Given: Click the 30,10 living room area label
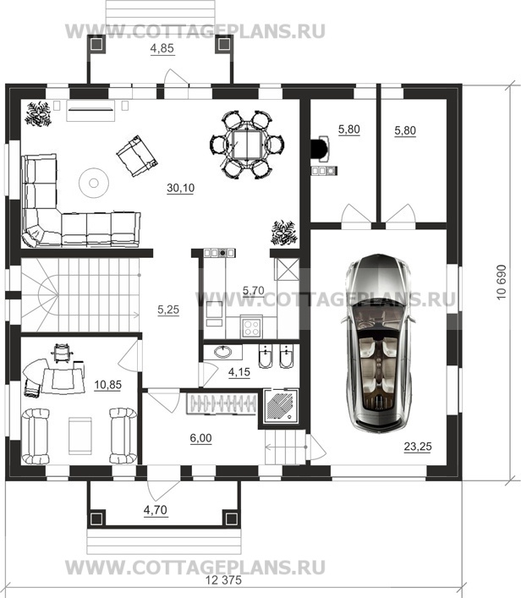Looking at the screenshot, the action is pyautogui.click(x=180, y=188).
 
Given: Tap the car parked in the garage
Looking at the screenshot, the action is pyautogui.click(x=380, y=343).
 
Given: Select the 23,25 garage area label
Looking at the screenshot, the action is pyautogui.click(x=418, y=447).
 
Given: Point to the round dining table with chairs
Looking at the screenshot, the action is pyautogui.click(x=247, y=145).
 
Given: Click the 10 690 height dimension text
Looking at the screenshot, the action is pyautogui.click(x=502, y=283).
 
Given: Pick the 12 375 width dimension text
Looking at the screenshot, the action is pyautogui.click(x=223, y=580).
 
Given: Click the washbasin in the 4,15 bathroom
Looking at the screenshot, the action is pyautogui.click(x=222, y=352).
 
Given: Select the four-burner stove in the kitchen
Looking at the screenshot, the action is pyautogui.click(x=251, y=327).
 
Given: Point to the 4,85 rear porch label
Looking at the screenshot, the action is pyautogui.click(x=162, y=48).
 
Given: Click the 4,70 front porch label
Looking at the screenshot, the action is pyautogui.click(x=156, y=510).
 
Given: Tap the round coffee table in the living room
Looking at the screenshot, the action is pyautogui.click(x=94, y=183).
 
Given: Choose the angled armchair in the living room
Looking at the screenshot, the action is pyautogui.click(x=136, y=156).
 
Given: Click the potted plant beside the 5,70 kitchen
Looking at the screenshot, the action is pyautogui.click(x=283, y=233).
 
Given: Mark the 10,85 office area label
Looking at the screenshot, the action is pyautogui.click(x=108, y=385).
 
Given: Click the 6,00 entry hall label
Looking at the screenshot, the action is pyautogui.click(x=200, y=438).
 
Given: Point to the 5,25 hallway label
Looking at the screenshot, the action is pyautogui.click(x=168, y=310).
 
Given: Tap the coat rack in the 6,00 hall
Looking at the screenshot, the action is pyautogui.click(x=222, y=403).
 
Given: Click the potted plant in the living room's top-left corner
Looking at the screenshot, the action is pyautogui.click(x=38, y=113).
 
